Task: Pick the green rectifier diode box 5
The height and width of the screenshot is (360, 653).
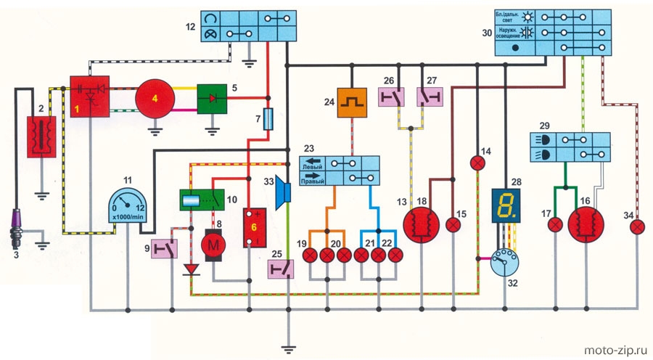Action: pos(213,98)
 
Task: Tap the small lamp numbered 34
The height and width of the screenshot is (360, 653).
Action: pos(637,226)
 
